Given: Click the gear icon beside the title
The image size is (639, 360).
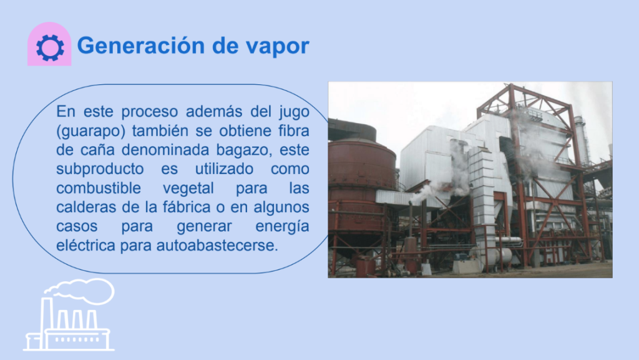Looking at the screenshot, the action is pos(50,47).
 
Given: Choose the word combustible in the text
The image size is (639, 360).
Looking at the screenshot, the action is pos(99,188).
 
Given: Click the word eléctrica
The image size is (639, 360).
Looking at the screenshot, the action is pos(85,246).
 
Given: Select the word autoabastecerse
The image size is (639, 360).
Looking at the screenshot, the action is pos(217,246).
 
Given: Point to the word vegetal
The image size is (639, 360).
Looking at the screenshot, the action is pos(188,188).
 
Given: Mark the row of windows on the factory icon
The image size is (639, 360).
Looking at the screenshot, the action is pos(77,339).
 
